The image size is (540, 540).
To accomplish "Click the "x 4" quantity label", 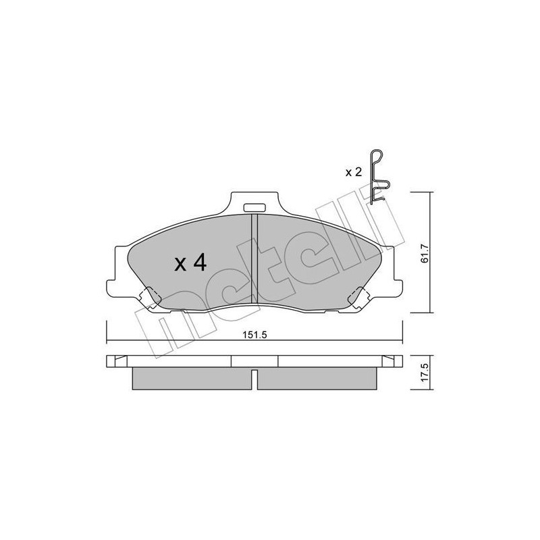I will [190, 263].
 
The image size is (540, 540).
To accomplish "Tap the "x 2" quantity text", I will [354, 172].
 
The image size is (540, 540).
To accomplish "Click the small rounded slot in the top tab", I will [254, 208].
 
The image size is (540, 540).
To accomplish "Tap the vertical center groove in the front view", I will [254, 260].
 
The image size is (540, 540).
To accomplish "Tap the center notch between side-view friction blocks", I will [254, 378].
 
